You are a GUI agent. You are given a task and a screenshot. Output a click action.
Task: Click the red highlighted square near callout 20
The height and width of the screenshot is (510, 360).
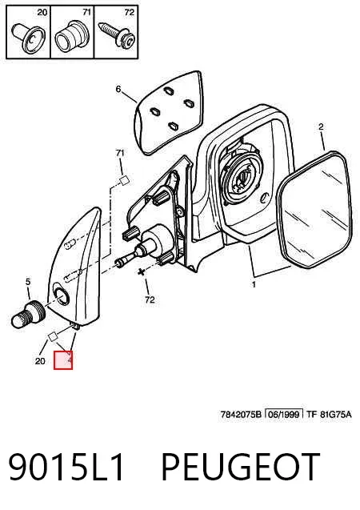(x=63, y=361)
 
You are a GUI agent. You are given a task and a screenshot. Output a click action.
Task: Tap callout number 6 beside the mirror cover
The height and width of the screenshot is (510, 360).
(x=118, y=89)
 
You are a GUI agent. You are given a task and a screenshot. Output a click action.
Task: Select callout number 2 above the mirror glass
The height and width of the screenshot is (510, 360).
(x=321, y=126)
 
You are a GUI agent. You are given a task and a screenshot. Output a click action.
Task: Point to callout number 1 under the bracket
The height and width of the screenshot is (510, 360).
(x=254, y=284)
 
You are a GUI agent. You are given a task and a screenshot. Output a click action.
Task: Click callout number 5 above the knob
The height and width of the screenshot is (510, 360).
(x=28, y=282)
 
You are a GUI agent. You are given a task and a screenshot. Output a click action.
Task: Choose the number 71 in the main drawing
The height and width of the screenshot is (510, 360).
(x=120, y=153)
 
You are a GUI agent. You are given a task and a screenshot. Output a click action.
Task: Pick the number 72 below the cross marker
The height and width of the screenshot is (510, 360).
(x=150, y=299)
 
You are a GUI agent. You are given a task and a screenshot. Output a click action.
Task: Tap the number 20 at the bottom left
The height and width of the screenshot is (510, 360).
(x=40, y=361)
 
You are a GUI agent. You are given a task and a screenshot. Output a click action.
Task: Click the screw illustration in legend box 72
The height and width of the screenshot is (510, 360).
(x=116, y=34)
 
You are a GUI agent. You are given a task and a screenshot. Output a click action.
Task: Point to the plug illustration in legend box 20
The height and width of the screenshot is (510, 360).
(x=28, y=37)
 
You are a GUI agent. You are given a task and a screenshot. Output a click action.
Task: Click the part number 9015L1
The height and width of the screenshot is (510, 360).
(x=66, y=467)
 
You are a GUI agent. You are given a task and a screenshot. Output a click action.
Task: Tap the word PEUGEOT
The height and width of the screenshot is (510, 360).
(x=241, y=467)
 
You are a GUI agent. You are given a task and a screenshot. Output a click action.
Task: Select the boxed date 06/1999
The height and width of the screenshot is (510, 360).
(x=284, y=414)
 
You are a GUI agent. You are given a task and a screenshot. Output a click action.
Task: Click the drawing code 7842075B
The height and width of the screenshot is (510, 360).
(x=241, y=415)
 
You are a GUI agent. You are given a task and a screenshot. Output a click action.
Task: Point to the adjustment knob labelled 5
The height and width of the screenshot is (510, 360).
(x=29, y=314)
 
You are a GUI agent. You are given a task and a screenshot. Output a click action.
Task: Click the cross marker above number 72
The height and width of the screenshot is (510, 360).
(x=141, y=272)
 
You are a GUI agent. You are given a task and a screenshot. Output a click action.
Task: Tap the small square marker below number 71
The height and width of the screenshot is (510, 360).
(x=125, y=180)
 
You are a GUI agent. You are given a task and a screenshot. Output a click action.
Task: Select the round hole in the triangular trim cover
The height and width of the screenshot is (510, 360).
(x=61, y=295)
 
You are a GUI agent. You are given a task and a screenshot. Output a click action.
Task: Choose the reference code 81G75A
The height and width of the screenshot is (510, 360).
(x=336, y=415)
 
